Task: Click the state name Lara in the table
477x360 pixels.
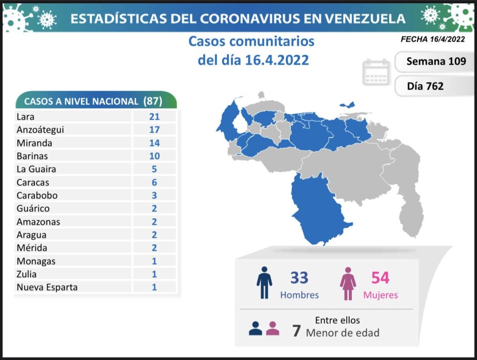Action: point(25,117)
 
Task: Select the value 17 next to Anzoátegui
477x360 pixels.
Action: point(154,130)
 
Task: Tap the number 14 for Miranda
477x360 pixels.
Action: point(154,143)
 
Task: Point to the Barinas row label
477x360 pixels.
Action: point(32,156)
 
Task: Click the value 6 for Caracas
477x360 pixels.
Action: point(154,182)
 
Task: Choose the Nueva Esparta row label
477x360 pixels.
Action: point(47,287)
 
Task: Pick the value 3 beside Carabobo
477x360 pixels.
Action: point(154,195)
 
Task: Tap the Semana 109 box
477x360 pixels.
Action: point(436,61)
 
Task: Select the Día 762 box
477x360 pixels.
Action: point(425,86)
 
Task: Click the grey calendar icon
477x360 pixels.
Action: point(375,73)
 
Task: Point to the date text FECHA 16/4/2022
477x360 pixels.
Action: point(433,40)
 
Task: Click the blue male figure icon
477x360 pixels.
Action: point(264,283)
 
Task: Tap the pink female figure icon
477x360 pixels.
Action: point(348,283)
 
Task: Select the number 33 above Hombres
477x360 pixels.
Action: point(299,278)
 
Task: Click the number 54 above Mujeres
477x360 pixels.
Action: point(380,278)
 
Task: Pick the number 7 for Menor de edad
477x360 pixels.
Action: point(296,331)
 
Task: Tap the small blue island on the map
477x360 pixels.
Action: point(347,105)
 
